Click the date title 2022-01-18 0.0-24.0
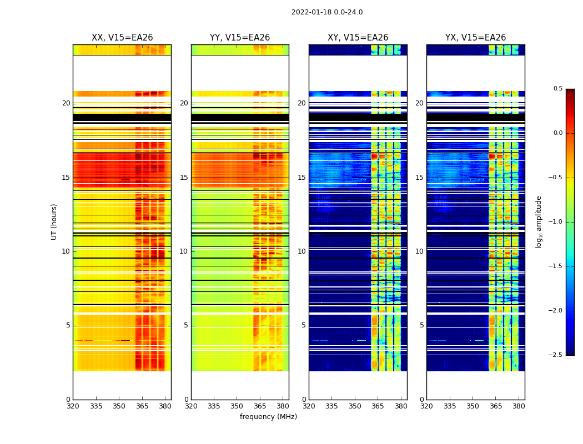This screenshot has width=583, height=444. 327,12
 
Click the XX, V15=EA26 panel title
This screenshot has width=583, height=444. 122,38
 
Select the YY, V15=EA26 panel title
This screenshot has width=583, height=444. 240,38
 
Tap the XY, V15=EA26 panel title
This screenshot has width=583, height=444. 358,38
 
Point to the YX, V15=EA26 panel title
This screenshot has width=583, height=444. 475,38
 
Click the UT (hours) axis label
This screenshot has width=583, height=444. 54,221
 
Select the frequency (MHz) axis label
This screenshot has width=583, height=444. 268,417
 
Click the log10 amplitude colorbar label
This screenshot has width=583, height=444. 538,221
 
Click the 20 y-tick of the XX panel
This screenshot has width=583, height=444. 66,103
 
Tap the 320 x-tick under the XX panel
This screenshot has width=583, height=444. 73,406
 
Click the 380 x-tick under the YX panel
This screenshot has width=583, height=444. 519,406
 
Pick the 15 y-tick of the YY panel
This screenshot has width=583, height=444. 184,178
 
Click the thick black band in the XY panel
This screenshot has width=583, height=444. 358,117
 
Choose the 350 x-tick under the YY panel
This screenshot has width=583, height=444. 237,406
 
